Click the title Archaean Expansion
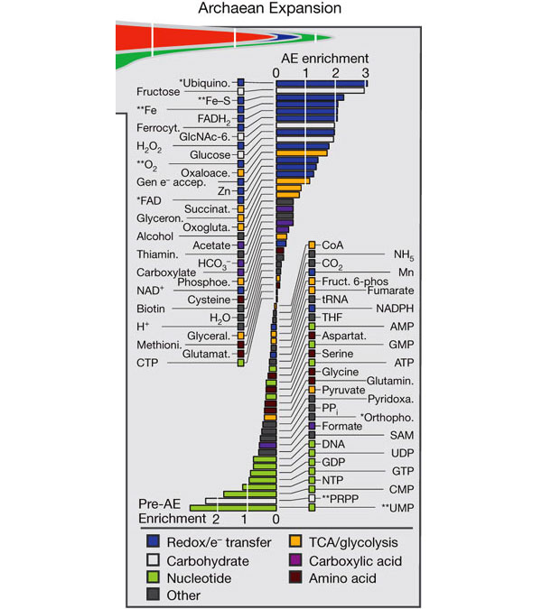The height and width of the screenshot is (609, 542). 271,10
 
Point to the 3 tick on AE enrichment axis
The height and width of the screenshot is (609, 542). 365,72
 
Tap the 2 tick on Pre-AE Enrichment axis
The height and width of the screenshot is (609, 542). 216,520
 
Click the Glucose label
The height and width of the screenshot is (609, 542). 211,154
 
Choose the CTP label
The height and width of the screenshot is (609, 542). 149,363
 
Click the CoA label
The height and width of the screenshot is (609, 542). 333,245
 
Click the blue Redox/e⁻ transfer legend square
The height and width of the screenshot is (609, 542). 153,542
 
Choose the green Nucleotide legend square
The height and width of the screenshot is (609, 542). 153,577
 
